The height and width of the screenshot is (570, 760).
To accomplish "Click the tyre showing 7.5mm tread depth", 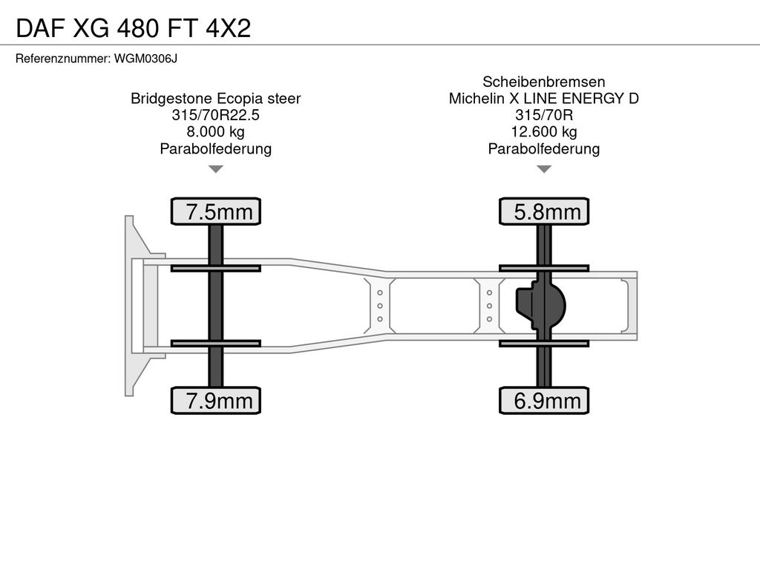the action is [x=216, y=212].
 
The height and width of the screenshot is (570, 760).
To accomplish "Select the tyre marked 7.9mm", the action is [x=216, y=400].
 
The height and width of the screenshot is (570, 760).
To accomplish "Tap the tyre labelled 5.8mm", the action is [x=544, y=212].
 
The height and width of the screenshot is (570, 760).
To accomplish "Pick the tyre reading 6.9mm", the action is [x=544, y=400].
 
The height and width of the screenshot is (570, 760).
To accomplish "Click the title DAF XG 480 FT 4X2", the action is [x=134, y=28].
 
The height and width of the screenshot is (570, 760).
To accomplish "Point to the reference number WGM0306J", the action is [x=145, y=59].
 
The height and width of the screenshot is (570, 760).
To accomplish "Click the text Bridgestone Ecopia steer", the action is [x=216, y=99].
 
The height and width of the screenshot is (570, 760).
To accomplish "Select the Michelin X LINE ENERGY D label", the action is [x=544, y=99].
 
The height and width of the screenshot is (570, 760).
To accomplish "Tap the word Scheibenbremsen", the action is [x=544, y=82].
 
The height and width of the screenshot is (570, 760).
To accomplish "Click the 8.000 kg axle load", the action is [x=216, y=131].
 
